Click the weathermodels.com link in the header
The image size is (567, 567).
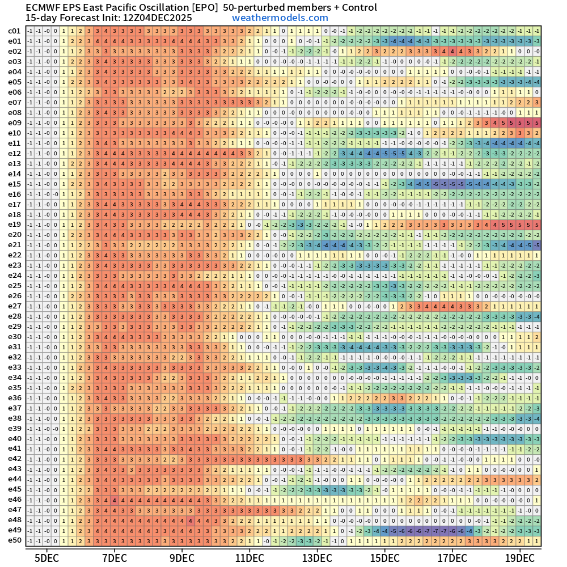(x=280, y=18)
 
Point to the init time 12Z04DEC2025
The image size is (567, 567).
(x=156, y=18)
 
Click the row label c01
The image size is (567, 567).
(x=15, y=31)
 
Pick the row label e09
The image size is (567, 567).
(x=15, y=123)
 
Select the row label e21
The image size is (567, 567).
(x=15, y=245)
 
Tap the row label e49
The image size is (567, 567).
(x=15, y=530)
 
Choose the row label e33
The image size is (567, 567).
(x=15, y=367)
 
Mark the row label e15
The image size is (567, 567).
(x=15, y=184)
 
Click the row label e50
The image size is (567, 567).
(x=15, y=540)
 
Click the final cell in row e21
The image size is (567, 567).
(x=537, y=245)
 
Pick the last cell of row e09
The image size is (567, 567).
(x=537, y=123)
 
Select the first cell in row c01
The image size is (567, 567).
(x=29, y=31)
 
